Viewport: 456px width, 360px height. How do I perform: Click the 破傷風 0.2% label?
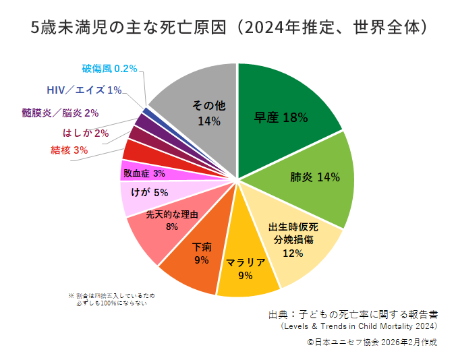pos(109,68)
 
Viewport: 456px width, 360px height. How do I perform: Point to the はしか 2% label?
pos(86,133)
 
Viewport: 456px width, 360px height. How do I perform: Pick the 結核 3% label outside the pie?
pos(69,150)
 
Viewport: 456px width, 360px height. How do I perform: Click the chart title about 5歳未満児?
pos(228,28)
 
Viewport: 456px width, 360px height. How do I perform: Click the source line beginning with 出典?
pos(353,314)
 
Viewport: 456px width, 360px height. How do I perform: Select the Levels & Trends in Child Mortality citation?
pos(359,327)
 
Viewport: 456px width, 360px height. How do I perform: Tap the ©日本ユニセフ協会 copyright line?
pos(372,342)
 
